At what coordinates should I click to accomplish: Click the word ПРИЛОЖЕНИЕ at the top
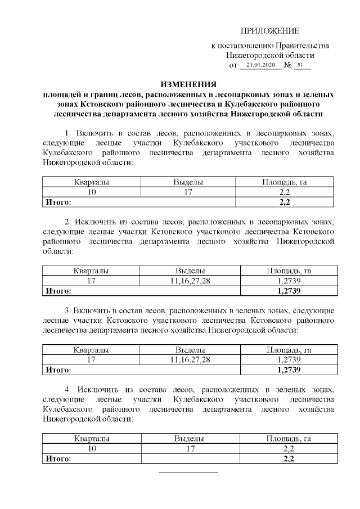tap(270, 30)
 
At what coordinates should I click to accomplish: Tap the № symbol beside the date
tap(287, 66)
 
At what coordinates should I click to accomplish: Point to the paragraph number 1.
tap(68, 133)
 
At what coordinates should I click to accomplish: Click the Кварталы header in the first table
tap(92, 182)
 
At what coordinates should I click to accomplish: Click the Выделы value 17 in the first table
tap(188, 192)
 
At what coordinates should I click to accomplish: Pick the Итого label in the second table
tap(58, 291)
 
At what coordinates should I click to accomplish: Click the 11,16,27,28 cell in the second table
tap(190, 281)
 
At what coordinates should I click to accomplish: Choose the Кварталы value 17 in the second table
tap(92, 281)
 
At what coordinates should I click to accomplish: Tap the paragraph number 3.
tap(68, 310)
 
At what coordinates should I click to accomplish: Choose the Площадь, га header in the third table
tap(289, 350)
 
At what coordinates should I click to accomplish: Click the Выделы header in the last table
tap(189, 438)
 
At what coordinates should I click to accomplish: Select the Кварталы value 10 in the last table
tap(92, 448)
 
